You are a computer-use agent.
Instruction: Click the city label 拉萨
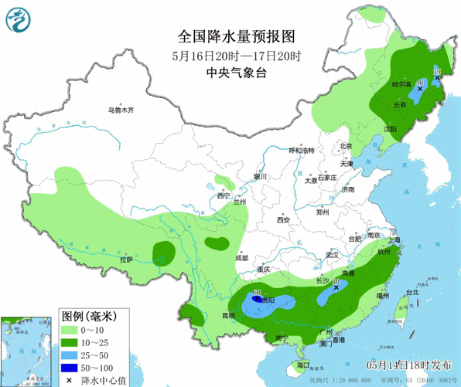pyautogui.click(x=127, y=260)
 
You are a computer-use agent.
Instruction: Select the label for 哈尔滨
pyautogui.click(x=401, y=83)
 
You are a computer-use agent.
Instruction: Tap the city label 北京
pyautogui.click(x=345, y=146)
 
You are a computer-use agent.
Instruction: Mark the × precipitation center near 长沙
pyautogui.click(x=336, y=287)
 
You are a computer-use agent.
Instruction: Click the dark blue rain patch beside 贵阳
pyautogui.click(x=256, y=296)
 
